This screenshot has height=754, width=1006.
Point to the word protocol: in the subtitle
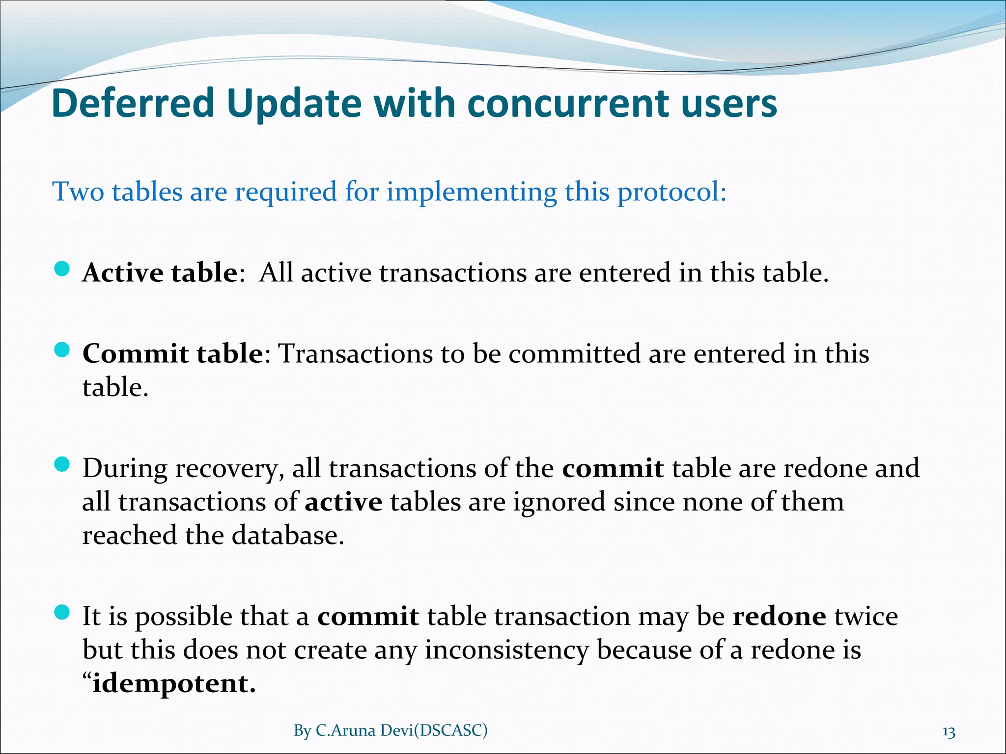point(671,191)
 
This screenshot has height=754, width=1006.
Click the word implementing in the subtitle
point(472,191)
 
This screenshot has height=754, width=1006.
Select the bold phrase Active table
point(160,272)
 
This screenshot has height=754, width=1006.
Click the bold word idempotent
point(174,683)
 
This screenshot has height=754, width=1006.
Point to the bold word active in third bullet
point(343,502)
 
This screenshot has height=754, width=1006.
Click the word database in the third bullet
point(288,536)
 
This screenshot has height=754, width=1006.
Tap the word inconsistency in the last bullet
point(506,650)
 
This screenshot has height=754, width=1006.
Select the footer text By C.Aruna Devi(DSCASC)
point(391,730)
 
